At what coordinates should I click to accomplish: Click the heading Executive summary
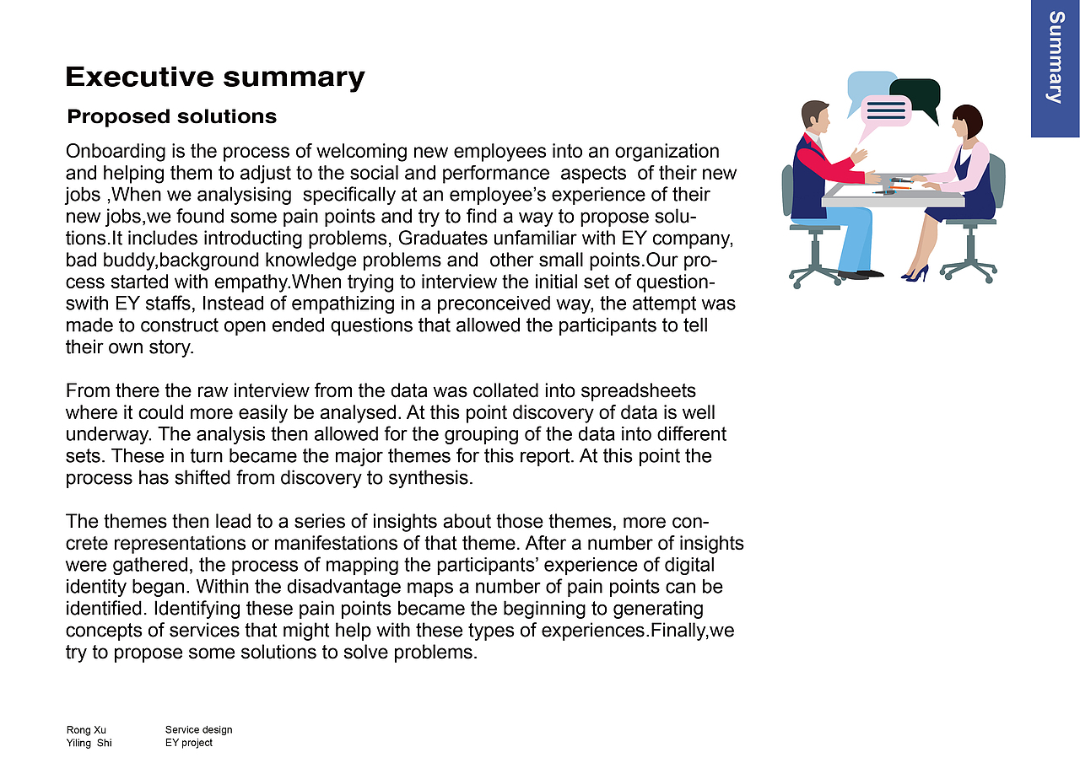[214, 77]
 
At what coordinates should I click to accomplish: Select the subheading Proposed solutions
[171, 116]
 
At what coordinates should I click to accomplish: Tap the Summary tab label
[1055, 57]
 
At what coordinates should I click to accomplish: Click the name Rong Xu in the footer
[86, 730]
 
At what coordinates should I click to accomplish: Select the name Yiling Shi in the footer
[89, 743]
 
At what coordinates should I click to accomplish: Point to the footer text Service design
[198, 730]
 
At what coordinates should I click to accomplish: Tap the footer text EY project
[189, 743]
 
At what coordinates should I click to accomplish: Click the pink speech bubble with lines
[884, 110]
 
